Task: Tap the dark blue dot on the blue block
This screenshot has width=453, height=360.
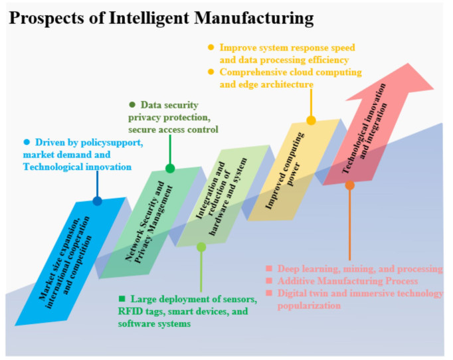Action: tap(98, 201)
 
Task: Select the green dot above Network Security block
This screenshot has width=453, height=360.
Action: tap(170, 168)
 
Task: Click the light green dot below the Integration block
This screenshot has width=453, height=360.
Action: tap(201, 247)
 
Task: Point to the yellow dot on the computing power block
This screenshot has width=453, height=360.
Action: tap(311, 120)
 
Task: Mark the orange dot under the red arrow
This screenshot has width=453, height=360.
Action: tap(350, 186)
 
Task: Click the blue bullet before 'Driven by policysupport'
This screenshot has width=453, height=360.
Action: tap(27, 142)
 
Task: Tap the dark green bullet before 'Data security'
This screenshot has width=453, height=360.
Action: tap(132, 105)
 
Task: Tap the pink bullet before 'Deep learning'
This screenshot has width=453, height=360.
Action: tap(269, 269)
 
